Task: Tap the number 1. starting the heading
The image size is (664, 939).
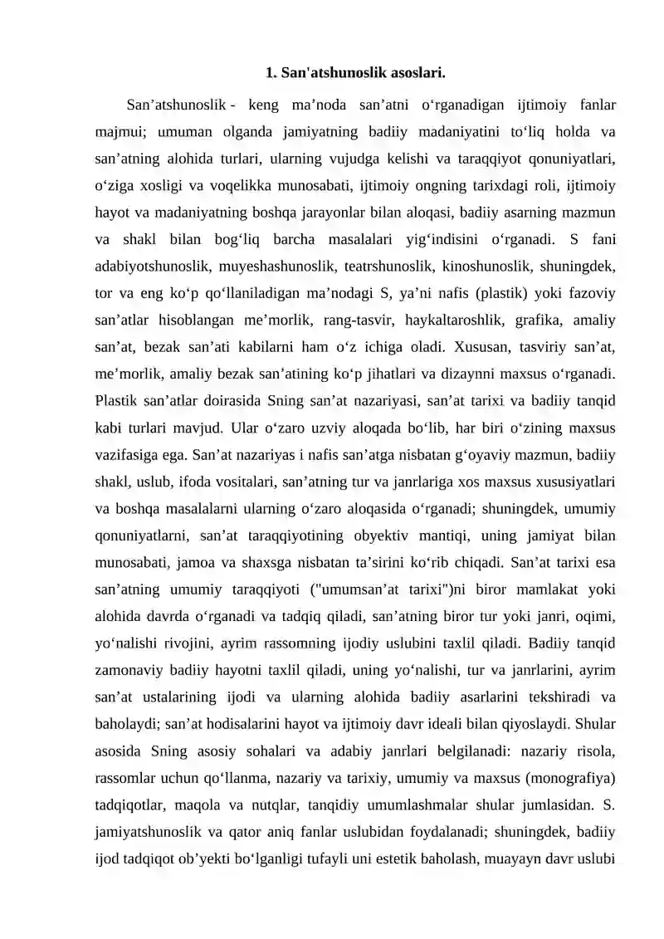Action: (271, 73)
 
